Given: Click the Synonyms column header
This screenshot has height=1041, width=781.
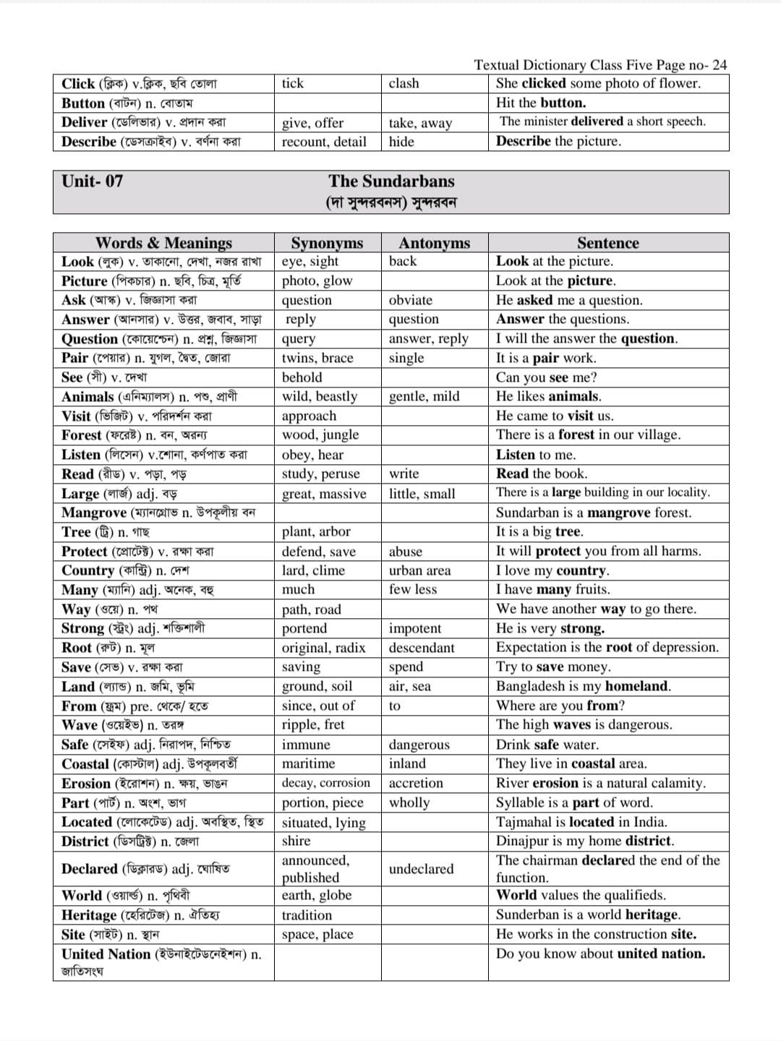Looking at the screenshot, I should pos(327,243).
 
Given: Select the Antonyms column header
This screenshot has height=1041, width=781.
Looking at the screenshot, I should pos(434,243).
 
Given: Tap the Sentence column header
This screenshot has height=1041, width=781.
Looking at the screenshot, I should pos(607,243).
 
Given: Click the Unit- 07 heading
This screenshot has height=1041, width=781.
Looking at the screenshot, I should pos(93,181).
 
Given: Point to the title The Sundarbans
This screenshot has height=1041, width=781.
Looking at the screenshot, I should pos(391,181).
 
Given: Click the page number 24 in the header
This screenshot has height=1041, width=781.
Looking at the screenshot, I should pos(719,65).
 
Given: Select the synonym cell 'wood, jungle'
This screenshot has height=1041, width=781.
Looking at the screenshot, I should pos(320,435).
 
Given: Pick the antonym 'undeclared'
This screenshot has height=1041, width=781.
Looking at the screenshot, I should pos(421,869).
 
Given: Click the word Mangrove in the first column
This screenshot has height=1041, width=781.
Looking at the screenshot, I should pos(94,513).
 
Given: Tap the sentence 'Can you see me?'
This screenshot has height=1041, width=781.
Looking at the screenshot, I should pos(546,377).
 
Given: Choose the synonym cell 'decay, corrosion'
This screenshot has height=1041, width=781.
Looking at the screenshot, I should pos(325,783).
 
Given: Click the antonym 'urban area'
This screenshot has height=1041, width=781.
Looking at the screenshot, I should pos(419,570).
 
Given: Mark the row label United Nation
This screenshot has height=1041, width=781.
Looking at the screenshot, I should pos(106,954).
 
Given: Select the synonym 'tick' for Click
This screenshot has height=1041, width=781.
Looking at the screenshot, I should pos(293,83).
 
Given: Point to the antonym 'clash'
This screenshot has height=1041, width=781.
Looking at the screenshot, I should pos(404,83).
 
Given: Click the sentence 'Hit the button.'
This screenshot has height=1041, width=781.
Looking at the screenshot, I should pos(541,103).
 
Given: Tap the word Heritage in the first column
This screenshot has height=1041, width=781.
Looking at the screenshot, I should pos(89,915).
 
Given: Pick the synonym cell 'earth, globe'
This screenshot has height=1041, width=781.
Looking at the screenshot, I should pos(317,895).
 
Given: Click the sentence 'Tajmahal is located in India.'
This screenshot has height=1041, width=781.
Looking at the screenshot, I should pos(581,822).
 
